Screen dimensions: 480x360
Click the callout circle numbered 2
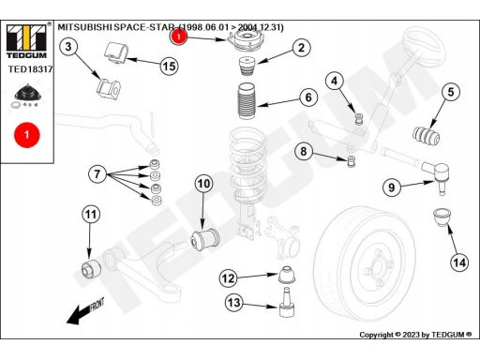(x=301, y=48)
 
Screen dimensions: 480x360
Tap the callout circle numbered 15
(x=169, y=67)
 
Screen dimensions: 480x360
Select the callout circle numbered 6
(x=308, y=97)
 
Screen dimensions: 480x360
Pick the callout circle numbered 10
(x=203, y=184)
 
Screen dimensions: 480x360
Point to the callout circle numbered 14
(x=459, y=262)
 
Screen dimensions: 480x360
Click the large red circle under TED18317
(x=27, y=135)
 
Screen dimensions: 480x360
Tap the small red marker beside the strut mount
(x=179, y=37)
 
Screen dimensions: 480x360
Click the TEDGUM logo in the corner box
(x=26, y=41)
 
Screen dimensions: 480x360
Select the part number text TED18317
(x=30, y=69)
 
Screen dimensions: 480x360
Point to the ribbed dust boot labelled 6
(x=247, y=101)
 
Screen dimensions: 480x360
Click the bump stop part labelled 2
(x=247, y=67)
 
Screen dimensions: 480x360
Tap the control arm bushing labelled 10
(x=205, y=239)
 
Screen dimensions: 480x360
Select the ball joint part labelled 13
(x=287, y=302)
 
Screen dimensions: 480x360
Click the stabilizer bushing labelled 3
(x=108, y=88)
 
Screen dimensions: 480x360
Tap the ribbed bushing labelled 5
(x=427, y=137)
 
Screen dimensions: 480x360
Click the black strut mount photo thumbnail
(x=27, y=96)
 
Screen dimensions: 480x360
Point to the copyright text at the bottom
(x=415, y=335)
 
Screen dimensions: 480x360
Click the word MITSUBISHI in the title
(x=84, y=27)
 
